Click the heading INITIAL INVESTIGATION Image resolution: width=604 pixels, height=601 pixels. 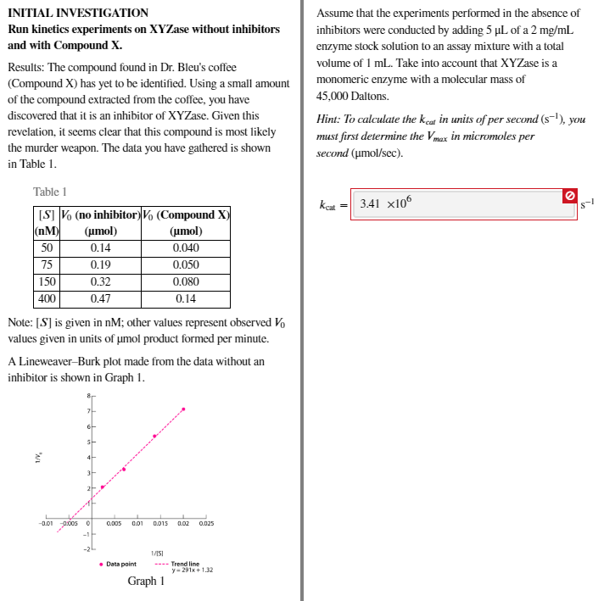[x=78, y=13]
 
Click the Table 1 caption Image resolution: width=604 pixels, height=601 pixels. [x=50, y=192]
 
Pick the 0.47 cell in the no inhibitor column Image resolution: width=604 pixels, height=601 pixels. [x=100, y=298]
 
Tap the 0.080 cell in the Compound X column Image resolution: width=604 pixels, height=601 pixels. [x=186, y=281]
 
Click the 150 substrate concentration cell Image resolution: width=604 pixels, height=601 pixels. [x=47, y=281]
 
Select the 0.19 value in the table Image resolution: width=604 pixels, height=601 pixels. [x=100, y=264]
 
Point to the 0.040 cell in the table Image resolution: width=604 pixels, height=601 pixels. [x=186, y=248]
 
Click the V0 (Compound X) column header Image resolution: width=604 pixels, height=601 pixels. [x=186, y=222]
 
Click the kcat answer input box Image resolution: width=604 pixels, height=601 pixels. [x=458, y=204]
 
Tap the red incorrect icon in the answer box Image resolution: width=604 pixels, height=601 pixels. [x=570, y=197]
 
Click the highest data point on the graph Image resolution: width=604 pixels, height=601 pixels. [x=183, y=409]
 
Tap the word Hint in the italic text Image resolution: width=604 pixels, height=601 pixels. [x=328, y=120]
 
